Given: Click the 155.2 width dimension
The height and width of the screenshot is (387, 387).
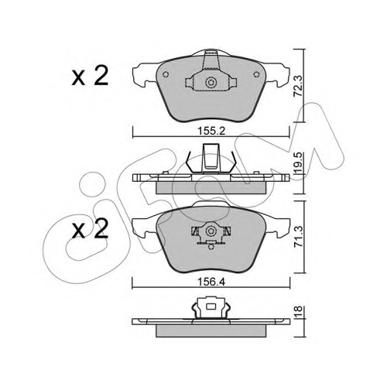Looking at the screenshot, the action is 211,131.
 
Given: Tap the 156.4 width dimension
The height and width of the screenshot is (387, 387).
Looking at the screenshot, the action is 211,282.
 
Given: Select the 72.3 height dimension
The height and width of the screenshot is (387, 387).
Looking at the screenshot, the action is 299,86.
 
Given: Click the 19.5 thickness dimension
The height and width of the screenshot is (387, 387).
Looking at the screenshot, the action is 299,163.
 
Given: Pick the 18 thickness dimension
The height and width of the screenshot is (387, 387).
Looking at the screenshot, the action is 299,310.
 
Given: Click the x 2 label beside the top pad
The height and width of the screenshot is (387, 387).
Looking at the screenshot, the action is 90,76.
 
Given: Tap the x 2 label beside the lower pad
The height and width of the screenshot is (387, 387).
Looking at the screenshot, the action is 90,228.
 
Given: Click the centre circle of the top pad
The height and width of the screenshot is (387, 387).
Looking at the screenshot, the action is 211,83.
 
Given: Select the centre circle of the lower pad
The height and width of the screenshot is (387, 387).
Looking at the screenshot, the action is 211,231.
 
